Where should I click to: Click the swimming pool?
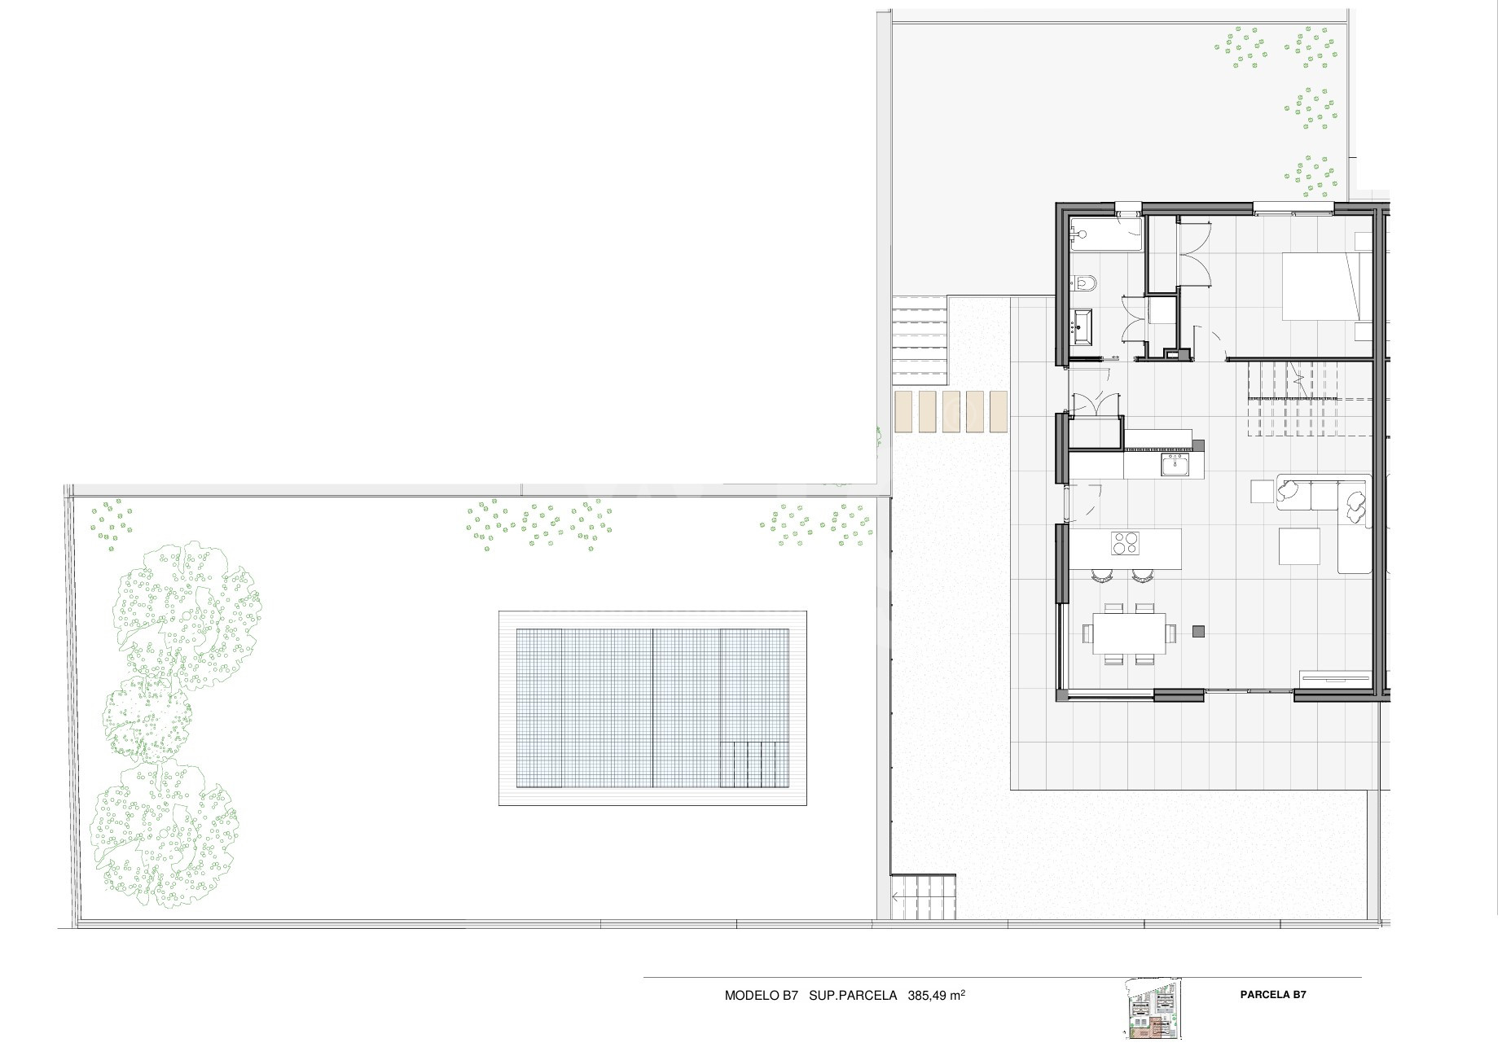pos(653,709)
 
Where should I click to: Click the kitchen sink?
pos(1175,465)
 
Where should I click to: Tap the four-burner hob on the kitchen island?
pos(1126,543)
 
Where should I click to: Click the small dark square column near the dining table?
pos(1199,631)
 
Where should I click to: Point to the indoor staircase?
pos(1293,400)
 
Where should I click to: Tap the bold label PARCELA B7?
pos(1274,996)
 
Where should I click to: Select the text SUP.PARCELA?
pos(854,997)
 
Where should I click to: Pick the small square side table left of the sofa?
pos(1262,493)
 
